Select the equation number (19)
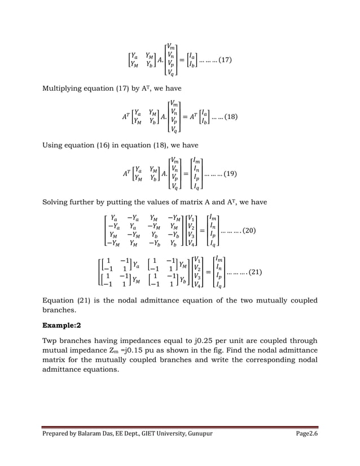(x=229, y=174)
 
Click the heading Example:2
(x=63, y=326)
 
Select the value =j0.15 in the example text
(x=141, y=350)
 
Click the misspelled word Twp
(x=51, y=340)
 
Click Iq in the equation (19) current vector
(x=195, y=187)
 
